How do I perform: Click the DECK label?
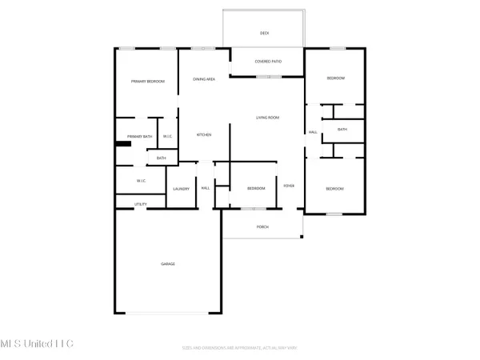tap(264, 34)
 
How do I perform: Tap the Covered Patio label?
tap(266, 62)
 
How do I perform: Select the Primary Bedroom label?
tap(146, 82)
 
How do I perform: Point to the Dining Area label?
tap(204, 79)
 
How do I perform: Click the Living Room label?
tap(267, 118)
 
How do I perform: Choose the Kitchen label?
tap(204, 135)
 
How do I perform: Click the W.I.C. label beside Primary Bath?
tap(168, 137)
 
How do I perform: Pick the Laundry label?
tap(181, 189)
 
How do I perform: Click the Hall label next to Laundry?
tap(206, 189)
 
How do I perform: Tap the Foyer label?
tap(290, 186)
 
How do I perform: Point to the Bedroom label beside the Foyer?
tap(255, 189)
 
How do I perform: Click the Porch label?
tap(262, 227)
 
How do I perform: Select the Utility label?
tap(141, 205)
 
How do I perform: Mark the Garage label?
tap(168, 264)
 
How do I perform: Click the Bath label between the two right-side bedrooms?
tap(342, 130)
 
